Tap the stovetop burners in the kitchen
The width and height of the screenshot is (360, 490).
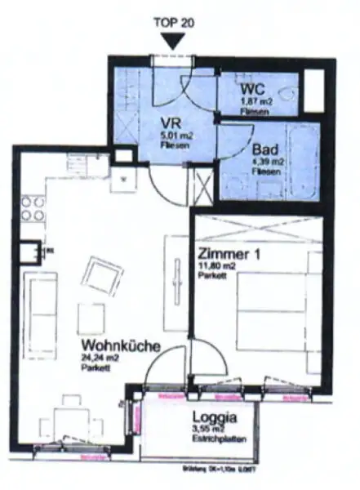click(33, 208)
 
